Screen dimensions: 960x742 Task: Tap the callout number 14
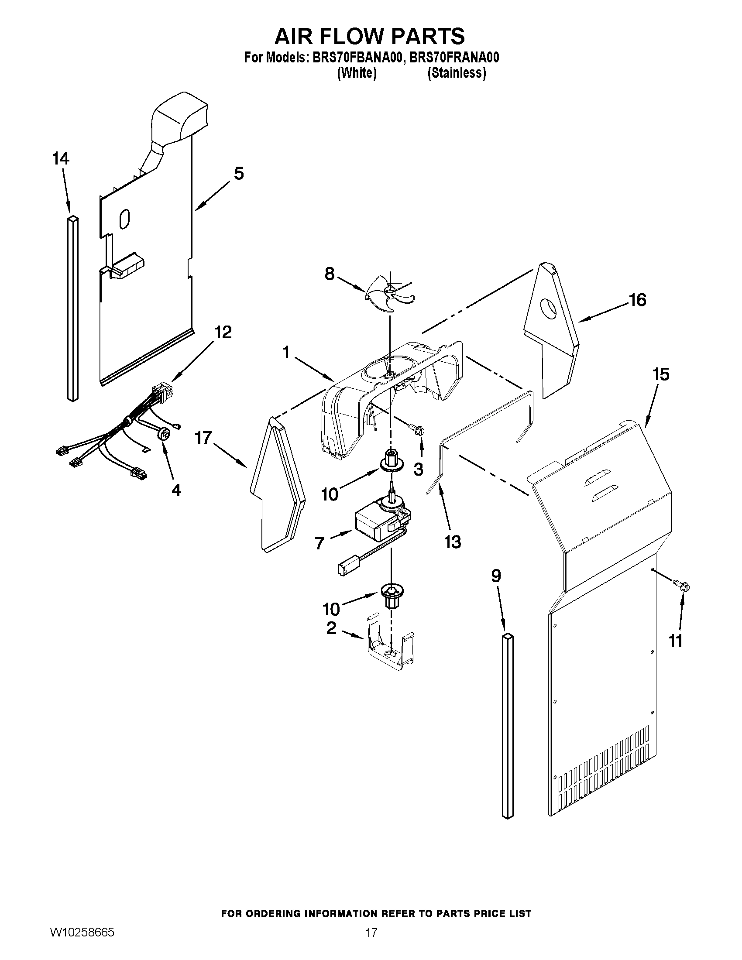click(x=61, y=158)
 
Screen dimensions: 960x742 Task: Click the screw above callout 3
click(x=417, y=429)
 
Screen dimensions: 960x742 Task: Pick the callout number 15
click(x=660, y=374)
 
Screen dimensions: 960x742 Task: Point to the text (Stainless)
click(x=457, y=73)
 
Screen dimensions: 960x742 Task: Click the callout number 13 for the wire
click(x=452, y=542)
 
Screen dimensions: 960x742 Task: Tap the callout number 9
click(x=496, y=576)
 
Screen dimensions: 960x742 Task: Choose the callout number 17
click(x=203, y=438)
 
